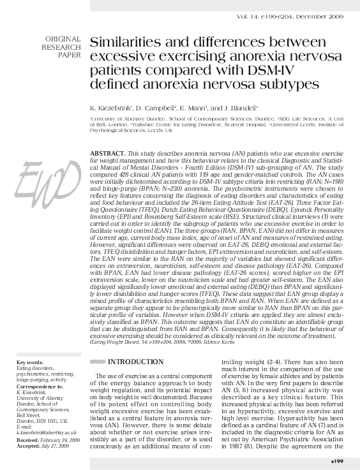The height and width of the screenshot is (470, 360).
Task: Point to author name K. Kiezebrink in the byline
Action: pos(114,109)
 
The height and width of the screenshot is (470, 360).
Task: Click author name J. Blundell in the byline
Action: pos(236,109)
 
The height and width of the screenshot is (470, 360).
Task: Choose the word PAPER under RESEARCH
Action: pos(70,55)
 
